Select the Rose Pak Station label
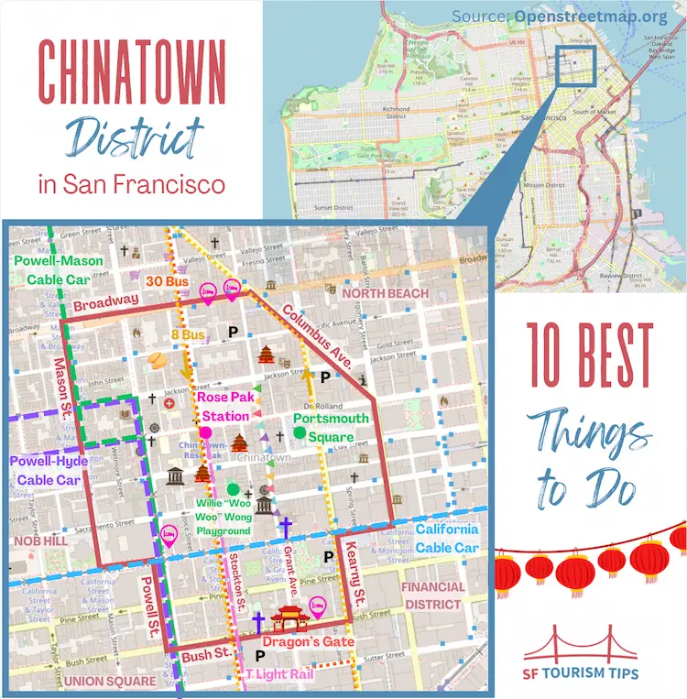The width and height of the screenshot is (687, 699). (x=224, y=407)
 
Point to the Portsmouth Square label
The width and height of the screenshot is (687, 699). (x=331, y=428)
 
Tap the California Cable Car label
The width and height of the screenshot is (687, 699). (x=447, y=539)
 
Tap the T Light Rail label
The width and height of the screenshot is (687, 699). (x=278, y=674)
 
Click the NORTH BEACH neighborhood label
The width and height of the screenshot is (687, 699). (x=386, y=293)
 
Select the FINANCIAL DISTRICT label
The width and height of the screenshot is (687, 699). (x=431, y=595)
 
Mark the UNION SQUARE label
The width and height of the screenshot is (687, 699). (x=110, y=682)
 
